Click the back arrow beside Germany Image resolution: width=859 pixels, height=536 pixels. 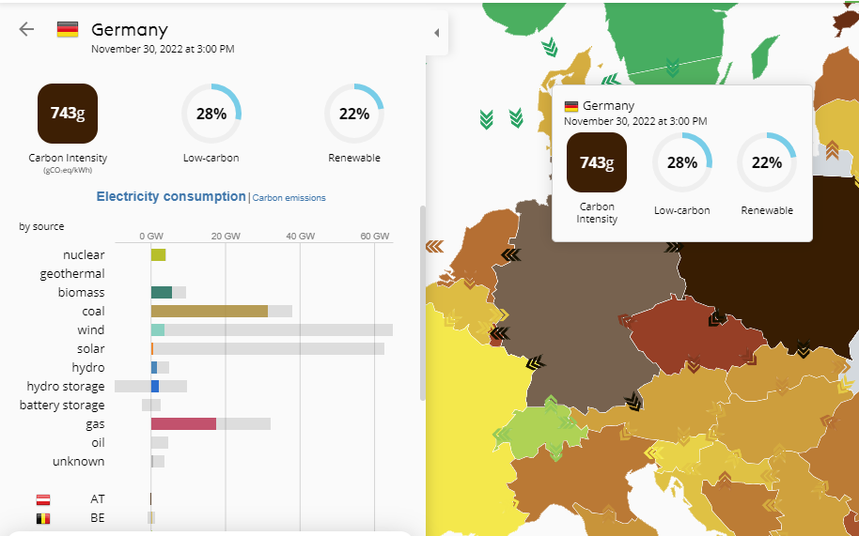pyautogui.click(x=26, y=29)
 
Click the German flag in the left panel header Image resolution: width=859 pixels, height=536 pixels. pyautogui.click(x=68, y=29)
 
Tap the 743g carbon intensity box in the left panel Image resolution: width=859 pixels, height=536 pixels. pyautogui.click(x=68, y=114)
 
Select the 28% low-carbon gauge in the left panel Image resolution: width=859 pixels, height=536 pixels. pyautogui.click(x=211, y=114)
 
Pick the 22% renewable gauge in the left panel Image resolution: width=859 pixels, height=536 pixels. pyautogui.click(x=354, y=114)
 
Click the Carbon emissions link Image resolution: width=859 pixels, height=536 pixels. pyautogui.click(x=289, y=198)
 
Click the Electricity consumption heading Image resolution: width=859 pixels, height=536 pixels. pyautogui.click(x=171, y=197)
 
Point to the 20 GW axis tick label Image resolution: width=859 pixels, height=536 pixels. pyautogui.click(x=226, y=236)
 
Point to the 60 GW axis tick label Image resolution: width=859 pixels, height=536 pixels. pyautogui.click(x=375, y=236)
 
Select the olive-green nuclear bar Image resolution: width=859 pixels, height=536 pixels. pyautogui.click(x=158, y=255)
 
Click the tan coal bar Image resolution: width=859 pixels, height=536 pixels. pyautogui.click(x=209, y=312)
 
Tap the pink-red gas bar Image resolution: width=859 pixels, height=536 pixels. pyautogui.click(x=183, y=424)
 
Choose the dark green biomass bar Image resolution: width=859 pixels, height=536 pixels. pyautogui.click(x=162, y=293)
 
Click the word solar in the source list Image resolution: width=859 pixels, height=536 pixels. pyautogui.click(x=91, y=349)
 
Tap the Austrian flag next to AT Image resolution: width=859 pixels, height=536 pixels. pyautogui.click(x=43, y=499)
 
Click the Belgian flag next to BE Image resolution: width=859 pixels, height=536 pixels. pyautogui.click(x=43, y=518)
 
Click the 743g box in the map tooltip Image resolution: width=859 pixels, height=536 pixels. pyautogui.click(x=597, y=162)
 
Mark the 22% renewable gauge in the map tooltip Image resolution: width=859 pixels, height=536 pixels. pyautogui.click(x=767, y=162)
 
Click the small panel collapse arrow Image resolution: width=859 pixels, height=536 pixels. pyautogui.click(x=436, y=33)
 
